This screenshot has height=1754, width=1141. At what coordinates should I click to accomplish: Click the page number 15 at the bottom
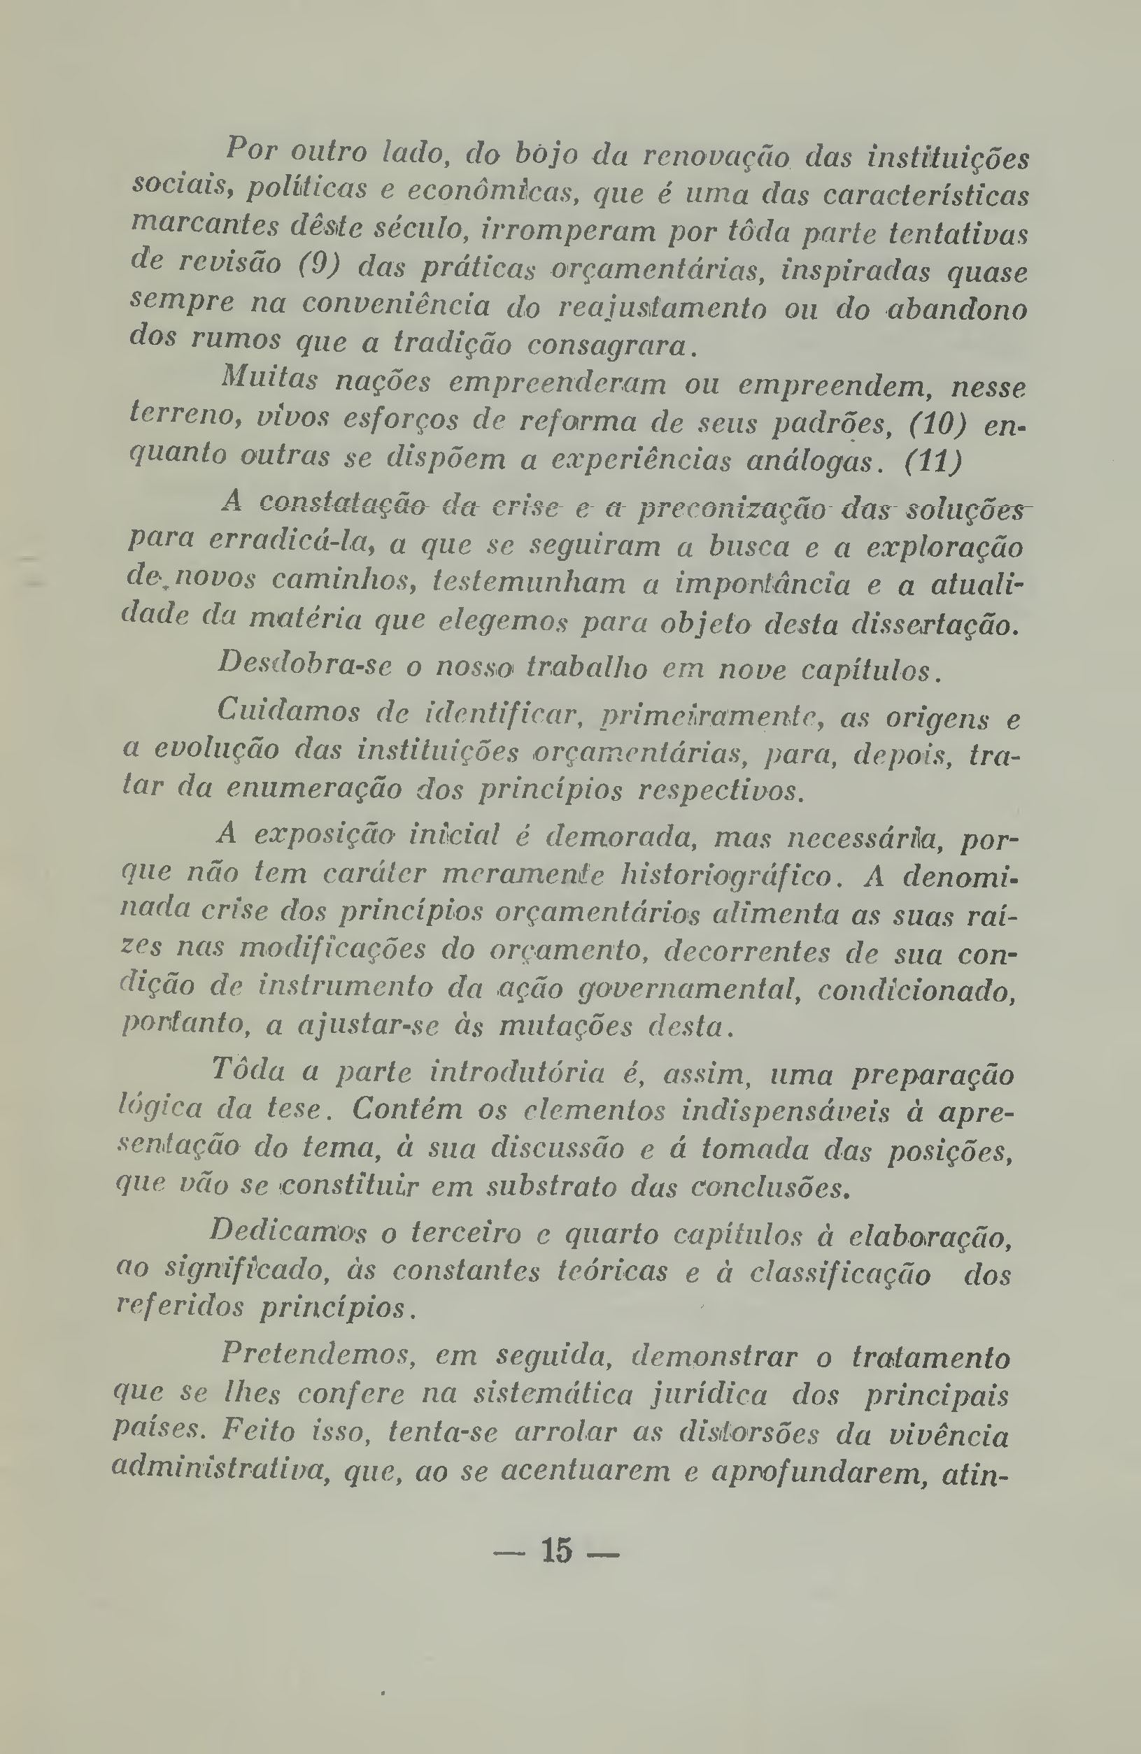tap(556, 1550)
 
